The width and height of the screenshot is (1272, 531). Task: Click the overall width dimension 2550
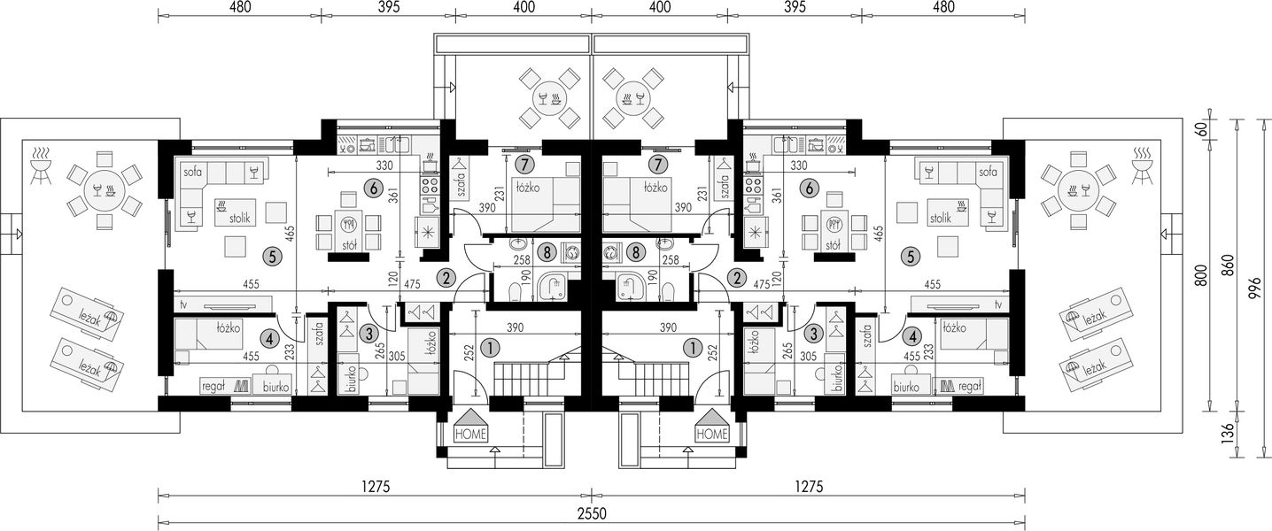click(x=593, y=514)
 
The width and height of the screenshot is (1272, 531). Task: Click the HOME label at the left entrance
click(x=470, y=434)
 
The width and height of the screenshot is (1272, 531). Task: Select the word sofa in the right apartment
click(x=988, y=172)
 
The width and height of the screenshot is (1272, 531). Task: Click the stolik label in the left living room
click(x=240, y=217)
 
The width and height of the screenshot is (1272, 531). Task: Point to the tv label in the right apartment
click(x=997, y=304)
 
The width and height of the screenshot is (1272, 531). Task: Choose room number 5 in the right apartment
click(x=911, y=257)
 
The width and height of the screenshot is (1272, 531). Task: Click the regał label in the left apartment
click(x=214, y=387)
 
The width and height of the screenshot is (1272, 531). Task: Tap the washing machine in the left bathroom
click(x=570, y=252)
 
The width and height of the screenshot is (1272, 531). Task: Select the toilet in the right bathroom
click(x=669, y=291)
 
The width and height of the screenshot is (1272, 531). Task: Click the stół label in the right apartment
click(x=833, y=245)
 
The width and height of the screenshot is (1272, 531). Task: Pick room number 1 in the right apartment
click(x=693, y=347)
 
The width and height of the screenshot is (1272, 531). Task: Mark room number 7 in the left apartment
click(x=524, y=165)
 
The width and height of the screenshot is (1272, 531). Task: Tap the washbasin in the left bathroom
click(x=517, y=246)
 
